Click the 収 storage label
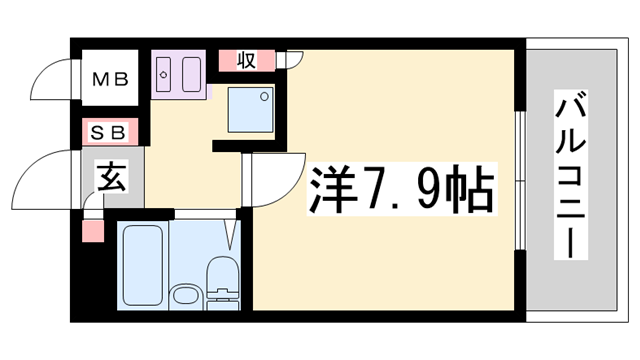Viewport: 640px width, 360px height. pos(246,60)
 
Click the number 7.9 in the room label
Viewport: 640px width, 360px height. pos(400,190)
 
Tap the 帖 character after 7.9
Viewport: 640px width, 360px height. pos(468,190)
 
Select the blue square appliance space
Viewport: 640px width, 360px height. pos(249,109)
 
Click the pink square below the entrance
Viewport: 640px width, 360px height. pos(93,233)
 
